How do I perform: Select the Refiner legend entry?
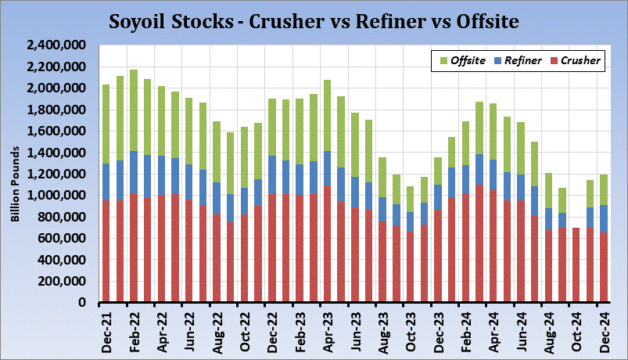coord(515,60)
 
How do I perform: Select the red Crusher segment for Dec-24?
coord(603,267)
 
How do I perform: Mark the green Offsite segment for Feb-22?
coord(134,110)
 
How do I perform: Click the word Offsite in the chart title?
coord(482,21)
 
